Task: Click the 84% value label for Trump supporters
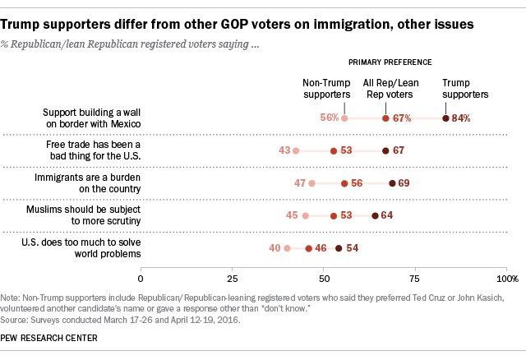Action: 462,118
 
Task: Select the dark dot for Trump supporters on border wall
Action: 445,118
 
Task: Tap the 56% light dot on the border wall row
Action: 344,118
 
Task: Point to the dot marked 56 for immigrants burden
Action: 344,182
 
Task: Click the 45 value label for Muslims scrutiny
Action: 291,215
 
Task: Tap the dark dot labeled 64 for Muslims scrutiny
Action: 375,215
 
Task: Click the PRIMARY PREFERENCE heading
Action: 390,62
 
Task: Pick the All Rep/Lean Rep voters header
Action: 390,88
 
